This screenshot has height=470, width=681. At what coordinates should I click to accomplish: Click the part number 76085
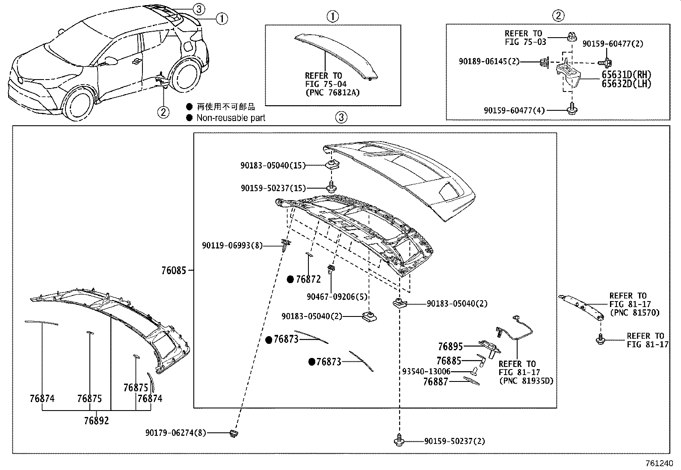(174, 271)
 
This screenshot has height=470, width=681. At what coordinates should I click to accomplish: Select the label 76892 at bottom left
(96, 420)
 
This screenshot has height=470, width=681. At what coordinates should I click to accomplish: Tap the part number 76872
(308, 280)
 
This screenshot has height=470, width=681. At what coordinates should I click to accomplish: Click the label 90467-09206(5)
(337, 296)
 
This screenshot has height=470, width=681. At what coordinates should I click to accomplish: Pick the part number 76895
(450, 346)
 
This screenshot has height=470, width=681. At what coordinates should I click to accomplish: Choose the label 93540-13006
(426, 371)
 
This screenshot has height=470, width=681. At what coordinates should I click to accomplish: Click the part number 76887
(435, 382)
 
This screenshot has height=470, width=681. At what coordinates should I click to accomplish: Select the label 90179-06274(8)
(175, 433)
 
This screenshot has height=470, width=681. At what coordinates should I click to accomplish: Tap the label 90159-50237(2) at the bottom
(454, 441)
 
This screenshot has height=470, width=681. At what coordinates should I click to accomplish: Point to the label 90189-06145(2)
(489, 62)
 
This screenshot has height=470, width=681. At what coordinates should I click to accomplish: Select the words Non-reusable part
(231, 118)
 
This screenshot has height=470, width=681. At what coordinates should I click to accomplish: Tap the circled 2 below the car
(163, 112)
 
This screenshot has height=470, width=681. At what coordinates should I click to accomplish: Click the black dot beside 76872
(290, 280)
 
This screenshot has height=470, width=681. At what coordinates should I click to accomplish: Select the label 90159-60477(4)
(514, 110)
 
